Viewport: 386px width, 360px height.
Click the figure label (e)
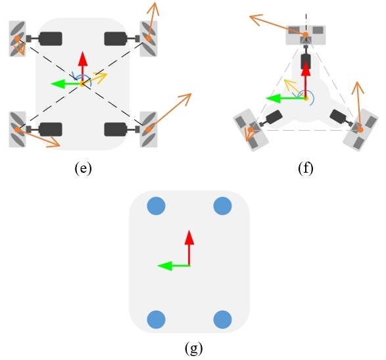click(84, 168)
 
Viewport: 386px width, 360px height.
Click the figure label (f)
click(306, 168)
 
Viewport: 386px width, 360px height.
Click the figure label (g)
click(194, 348)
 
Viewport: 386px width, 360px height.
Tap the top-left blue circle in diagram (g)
click(156, 206)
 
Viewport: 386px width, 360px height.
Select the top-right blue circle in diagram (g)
click(222, 206)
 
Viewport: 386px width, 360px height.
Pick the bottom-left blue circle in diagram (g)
click(156, 319)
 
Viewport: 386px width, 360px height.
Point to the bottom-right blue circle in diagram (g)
click(222, 319)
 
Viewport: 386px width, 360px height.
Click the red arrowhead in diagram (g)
click(189, 238)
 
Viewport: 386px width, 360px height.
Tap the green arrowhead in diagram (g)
click(164, 266)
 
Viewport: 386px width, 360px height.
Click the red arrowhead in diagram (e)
click(83, 58)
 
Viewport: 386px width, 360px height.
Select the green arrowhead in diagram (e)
click(58, 84)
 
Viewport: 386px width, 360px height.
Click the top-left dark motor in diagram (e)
click(51, 39)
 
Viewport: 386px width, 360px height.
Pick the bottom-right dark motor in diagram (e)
click(116, 129)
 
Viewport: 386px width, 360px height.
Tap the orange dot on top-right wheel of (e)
click(149, 38)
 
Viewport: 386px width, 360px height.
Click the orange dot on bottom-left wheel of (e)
click(17, 129)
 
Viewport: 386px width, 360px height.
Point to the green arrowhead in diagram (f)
click(274, 99)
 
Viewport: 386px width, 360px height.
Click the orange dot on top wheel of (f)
click(305, 35)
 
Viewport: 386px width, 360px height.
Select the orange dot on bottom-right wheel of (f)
click(360, 129)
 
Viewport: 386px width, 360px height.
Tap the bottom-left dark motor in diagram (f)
click(274, 117)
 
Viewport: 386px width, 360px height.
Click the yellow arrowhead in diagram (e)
click(101, 77)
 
